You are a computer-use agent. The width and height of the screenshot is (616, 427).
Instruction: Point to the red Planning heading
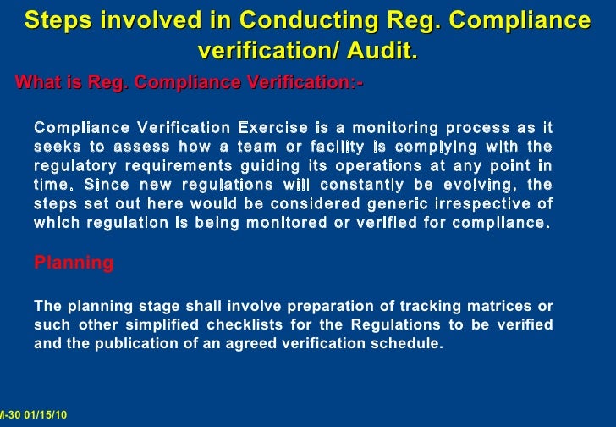(74, 263)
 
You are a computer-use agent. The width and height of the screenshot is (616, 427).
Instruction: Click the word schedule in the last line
(410, 345)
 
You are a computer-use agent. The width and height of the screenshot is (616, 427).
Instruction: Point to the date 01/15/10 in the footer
(46, 414)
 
